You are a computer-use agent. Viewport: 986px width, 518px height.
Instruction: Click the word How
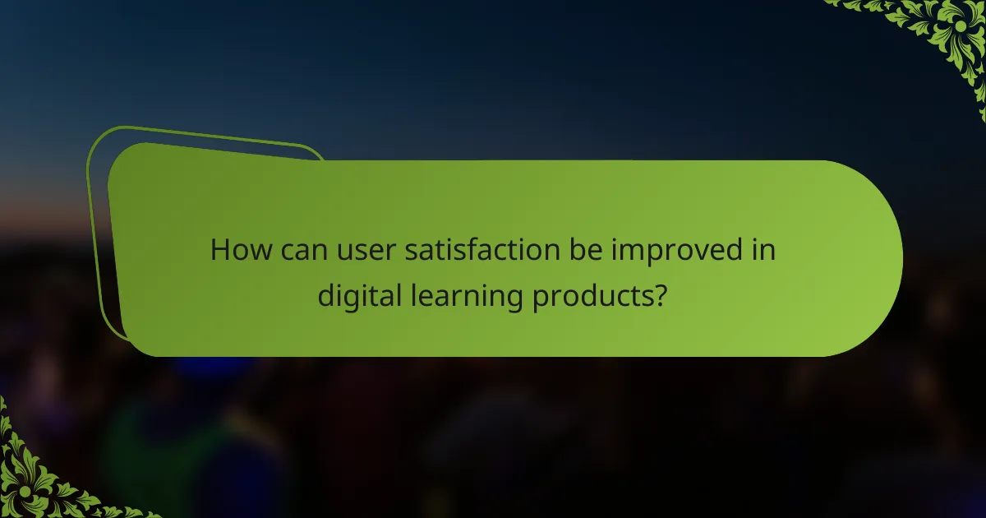coord(237,250)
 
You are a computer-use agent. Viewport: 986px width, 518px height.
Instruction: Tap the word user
coord(354,250)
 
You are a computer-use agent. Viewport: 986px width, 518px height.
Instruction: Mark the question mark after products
coord(659,296)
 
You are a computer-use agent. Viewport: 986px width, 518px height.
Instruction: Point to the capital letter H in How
coord(220,250)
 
